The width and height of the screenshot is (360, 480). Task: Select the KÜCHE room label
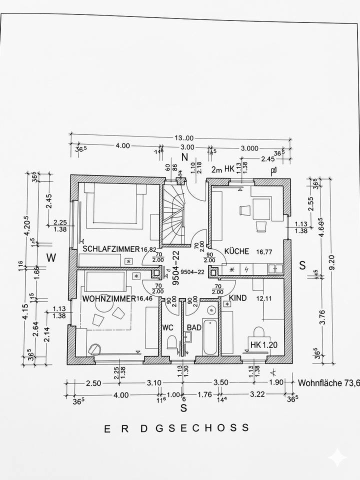236,251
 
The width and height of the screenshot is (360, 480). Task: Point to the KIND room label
238,298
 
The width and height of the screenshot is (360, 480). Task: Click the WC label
167,327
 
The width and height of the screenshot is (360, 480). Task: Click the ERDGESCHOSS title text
176,428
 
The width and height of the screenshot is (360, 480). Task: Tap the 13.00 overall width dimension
183,138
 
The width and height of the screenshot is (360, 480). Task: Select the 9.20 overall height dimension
339,260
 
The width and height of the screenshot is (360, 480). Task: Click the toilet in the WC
171,342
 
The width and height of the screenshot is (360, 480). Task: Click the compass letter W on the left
51,258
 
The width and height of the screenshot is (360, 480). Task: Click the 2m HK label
222,170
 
